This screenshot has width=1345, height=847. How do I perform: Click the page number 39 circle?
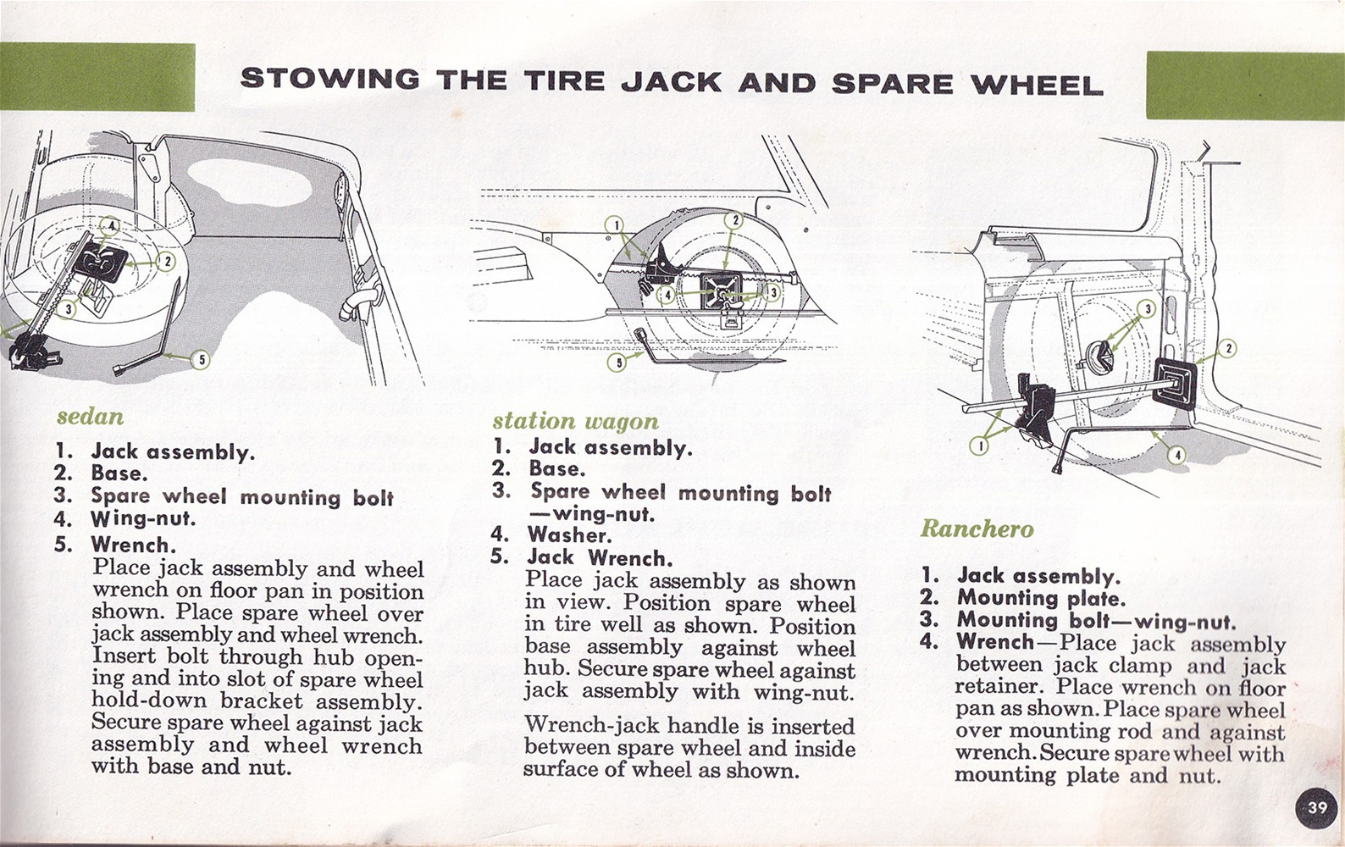(x=1316, y=807)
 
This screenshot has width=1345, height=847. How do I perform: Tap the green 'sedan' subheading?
(x=90, y=417)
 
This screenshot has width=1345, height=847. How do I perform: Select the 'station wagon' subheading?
(x=575, y=421)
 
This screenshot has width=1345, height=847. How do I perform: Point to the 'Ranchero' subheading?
(x=977, y=529)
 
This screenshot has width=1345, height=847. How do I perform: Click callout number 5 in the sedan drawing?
(x=200, y=360)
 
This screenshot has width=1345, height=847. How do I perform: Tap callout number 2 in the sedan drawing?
(x=167, y=262)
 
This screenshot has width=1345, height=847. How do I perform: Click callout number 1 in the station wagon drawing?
(x=617, y=224)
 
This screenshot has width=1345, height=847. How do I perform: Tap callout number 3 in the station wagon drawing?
(x=772, y=292)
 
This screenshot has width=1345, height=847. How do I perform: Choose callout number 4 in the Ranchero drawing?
(x=1177, y=455)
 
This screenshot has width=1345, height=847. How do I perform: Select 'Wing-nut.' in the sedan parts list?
(x=143, y=518)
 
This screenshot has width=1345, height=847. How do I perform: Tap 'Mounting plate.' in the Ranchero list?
(x=1041, y=598)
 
